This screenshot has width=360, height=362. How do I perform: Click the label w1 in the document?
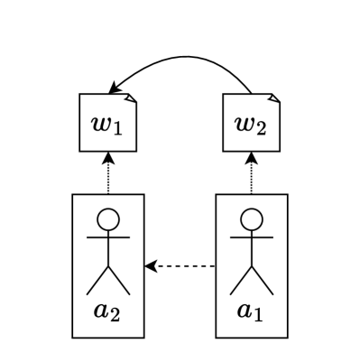click(x=106, y=124)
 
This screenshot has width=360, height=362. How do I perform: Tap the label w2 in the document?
click(x=250, y=124)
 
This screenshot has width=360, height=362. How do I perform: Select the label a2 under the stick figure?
click(x=107, y=311)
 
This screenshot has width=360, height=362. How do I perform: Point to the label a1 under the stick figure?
click(x=251, y=311)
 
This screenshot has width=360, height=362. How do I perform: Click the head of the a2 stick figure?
click(x=108, y=219)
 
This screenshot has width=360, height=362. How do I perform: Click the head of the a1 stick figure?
click(x=252, y=219)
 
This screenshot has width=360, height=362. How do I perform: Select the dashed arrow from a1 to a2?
click(x=185, y=266)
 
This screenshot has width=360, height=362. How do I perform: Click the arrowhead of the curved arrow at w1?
click(x=115, y=88)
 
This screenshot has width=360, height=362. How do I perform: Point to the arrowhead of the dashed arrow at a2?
click(x=151, y=266)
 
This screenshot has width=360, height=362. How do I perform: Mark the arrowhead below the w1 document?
click(x=108, y=158)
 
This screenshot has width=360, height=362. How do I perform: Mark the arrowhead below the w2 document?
click(x=252, y=158)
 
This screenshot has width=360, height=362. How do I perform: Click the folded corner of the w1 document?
click(x=131, y=97)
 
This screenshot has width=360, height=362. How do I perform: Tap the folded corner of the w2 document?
click(x=274, y=97)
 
